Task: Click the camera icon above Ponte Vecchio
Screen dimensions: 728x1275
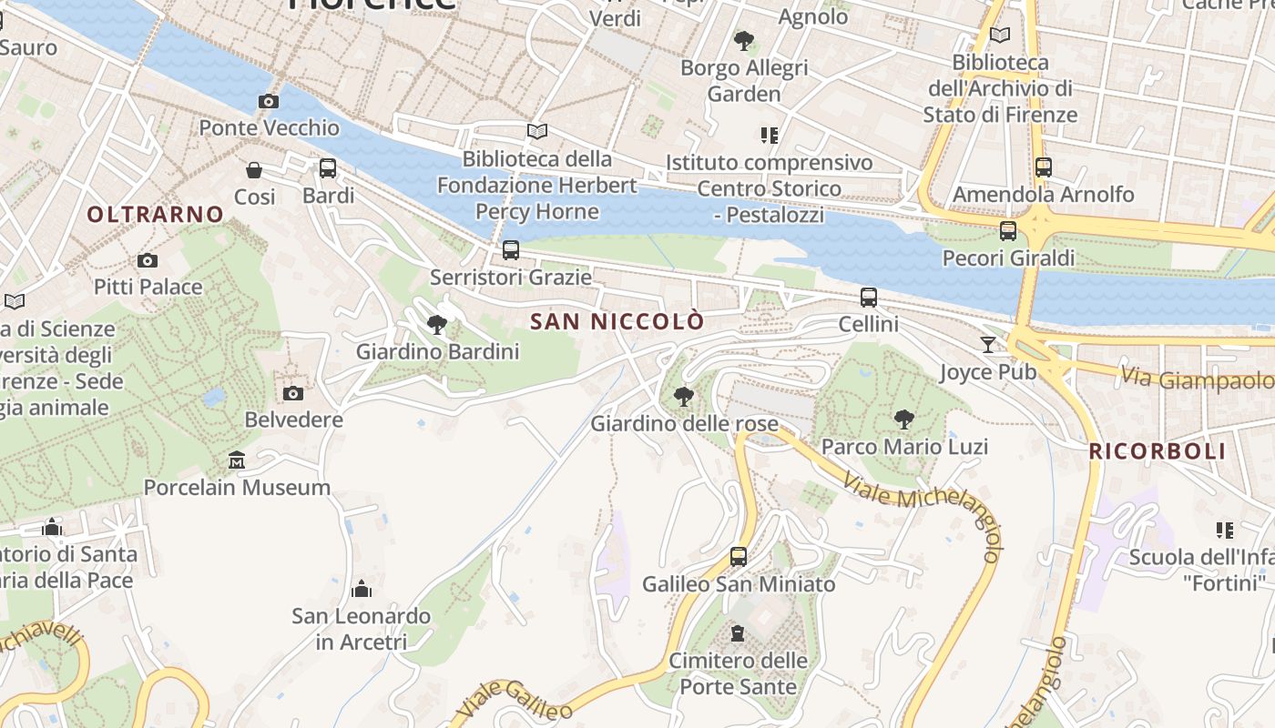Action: (x=268, y=101)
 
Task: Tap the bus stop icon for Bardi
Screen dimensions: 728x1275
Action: (x=328, y=168)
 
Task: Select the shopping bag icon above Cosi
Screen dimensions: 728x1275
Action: (x=254, y=170)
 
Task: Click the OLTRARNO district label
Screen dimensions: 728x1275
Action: (x=156, y=215)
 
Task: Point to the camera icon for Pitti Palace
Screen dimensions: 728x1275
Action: (x=148, y=261)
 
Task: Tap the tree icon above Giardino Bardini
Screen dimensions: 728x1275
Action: (x=437, y=325)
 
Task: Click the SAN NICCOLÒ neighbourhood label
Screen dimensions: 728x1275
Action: (x=617, y=321)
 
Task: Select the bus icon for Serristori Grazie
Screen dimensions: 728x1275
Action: (x=511, y=250)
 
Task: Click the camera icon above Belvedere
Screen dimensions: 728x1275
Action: (x=292, y=393)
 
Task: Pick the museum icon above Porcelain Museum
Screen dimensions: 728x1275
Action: (x=237, y=460)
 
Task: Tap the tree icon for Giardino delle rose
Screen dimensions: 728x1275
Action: (x=683, y=397)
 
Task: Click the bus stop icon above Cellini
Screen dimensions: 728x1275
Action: (x=869, y=298)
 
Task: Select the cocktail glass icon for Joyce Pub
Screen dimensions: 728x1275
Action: (x=988, y=345)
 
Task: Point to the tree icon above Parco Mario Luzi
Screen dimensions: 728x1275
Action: (x=903, y=420)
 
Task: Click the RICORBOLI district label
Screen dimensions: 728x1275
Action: (x=1158, y=451)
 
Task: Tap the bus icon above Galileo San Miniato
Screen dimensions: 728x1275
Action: (x=739, y=557)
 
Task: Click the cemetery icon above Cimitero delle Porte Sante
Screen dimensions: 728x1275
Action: (x=738, y=633)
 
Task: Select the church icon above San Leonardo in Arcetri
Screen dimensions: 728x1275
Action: (x=362, y=590)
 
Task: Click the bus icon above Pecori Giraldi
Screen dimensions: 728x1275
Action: (x=1007, y=231)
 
